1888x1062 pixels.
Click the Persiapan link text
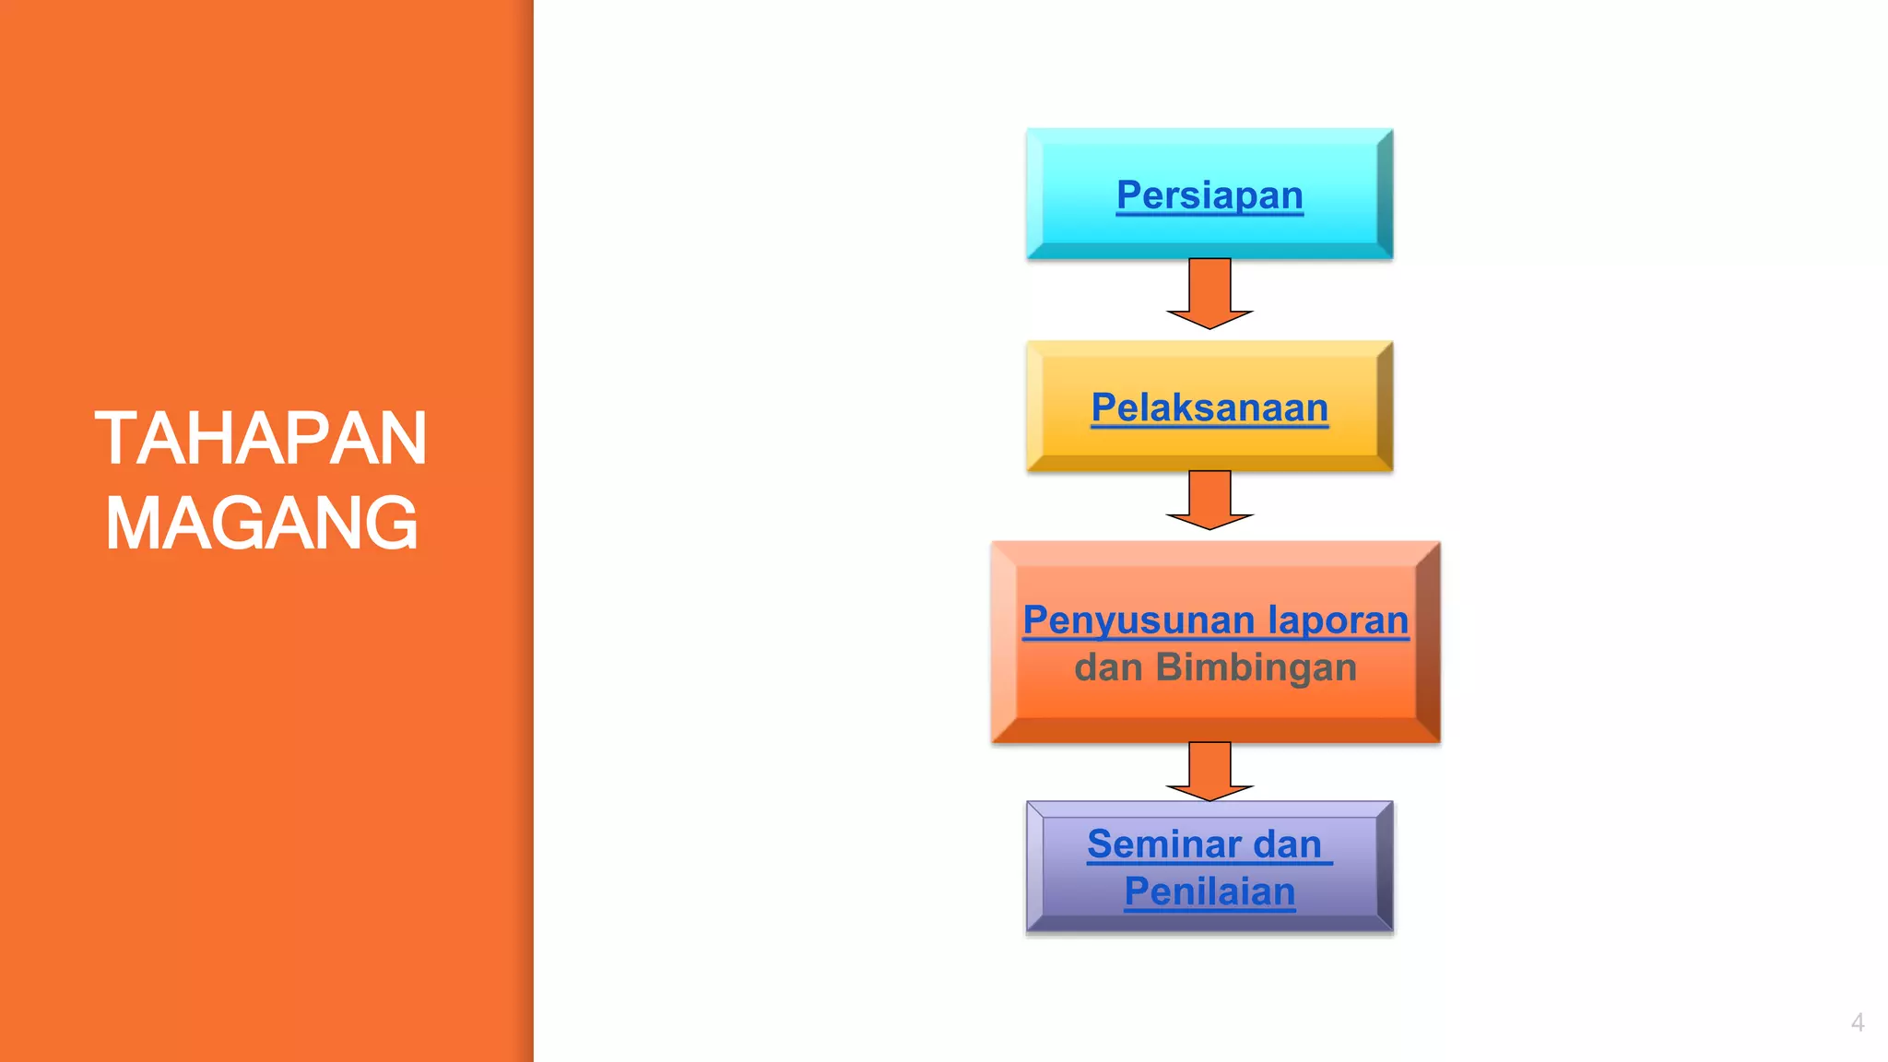coord(1209,195)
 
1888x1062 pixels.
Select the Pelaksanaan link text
coord(1209,407)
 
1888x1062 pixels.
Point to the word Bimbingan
coord(1256,667)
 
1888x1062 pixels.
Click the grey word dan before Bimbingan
coord(1109,667)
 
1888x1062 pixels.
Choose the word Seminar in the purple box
coord(1163,844)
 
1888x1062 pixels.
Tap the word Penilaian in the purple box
coord(1209,891)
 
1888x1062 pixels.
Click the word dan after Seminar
coord(1287,844)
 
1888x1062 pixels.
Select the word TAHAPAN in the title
coord(261,439)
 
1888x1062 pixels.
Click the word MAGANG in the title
coord(262,524)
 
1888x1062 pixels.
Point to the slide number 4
coord(1857,1022)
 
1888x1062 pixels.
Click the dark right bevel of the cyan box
coord(1385,194)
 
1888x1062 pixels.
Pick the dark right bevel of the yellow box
coord(1385,406)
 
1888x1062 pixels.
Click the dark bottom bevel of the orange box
coord(1215,730)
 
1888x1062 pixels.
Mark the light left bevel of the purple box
coord(1035,867)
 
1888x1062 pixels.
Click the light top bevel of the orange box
coord(1215,553)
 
